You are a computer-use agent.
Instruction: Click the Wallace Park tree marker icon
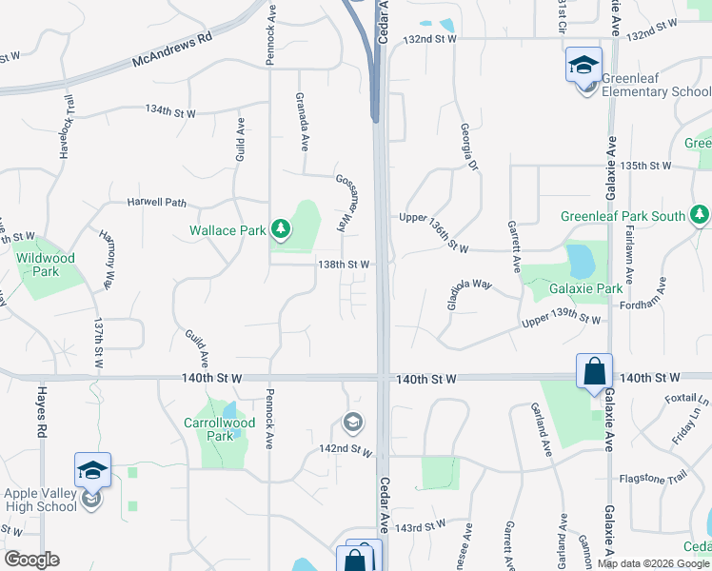pos(280,228)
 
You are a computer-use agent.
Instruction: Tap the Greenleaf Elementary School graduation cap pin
pos(583,65)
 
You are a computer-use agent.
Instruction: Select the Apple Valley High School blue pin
pos(92,470)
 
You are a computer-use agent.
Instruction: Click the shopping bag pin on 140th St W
pos(594,370)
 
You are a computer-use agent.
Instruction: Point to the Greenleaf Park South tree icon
pos(701,215)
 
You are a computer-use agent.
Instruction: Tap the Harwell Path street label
pos(157,203)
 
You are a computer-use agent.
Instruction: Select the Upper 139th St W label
pos(561,322)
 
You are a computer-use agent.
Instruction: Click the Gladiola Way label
pos(468,295)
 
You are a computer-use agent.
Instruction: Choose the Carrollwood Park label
pos(219,429)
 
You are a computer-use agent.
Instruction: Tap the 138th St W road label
pos(343,264)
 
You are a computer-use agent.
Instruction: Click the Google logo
pos(31,560)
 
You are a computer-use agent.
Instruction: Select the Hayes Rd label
pos(41,418)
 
